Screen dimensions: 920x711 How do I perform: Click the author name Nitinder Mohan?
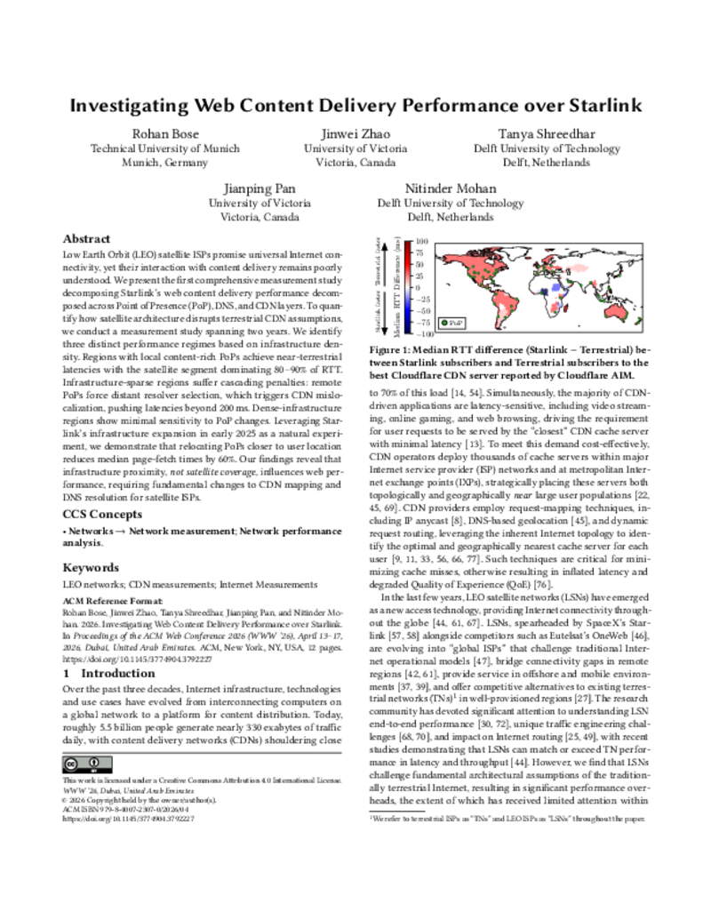coord(450,188)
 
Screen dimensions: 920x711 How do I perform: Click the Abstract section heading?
coord(86,239)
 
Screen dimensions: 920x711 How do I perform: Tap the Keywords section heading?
coord(90,567)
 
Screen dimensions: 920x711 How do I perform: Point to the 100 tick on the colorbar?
coord(422,241)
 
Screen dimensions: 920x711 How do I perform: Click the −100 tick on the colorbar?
coord(424,334)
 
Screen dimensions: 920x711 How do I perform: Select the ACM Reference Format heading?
coord(108,601)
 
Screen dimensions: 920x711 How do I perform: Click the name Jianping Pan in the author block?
coord(259,188)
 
